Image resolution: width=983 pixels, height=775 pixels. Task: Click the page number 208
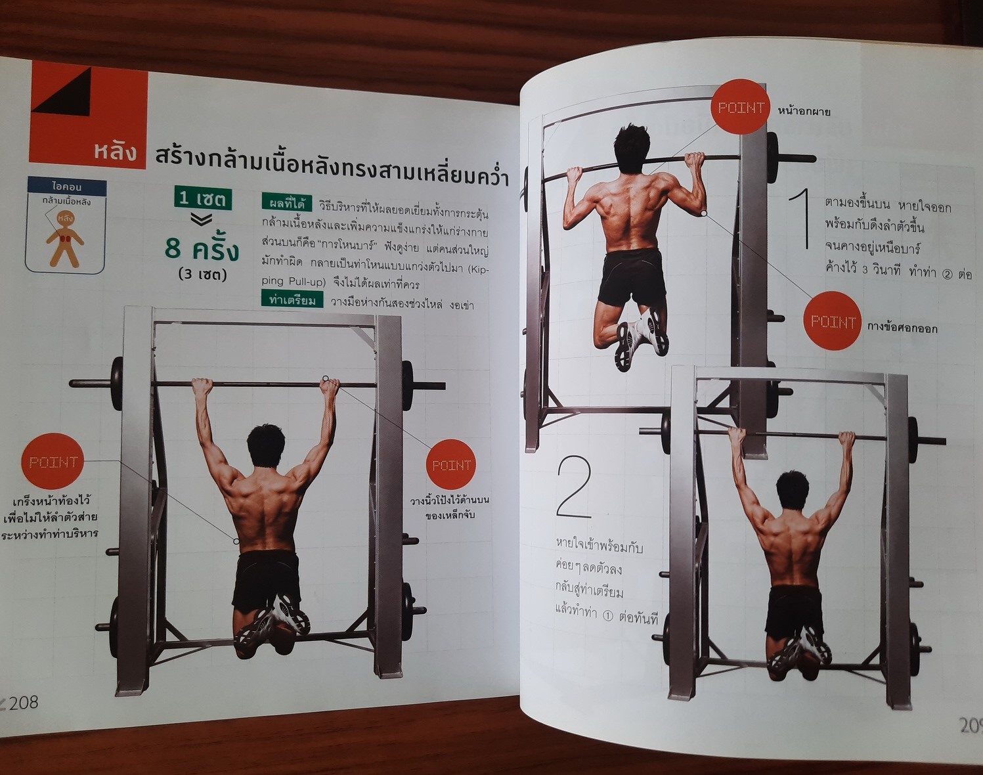point(23,701)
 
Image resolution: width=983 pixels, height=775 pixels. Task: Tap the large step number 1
point(800,219)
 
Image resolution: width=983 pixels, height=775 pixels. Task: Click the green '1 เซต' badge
point(203,198)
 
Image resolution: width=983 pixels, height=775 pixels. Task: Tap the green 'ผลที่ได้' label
point(286,203)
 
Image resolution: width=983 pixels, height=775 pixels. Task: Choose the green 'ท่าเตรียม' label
point(292,299)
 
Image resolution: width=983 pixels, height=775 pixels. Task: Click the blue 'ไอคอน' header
point(67,187)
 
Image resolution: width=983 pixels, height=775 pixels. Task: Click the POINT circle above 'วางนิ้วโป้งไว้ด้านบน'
point(451,465)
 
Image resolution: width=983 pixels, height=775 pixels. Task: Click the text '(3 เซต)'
point(203,275)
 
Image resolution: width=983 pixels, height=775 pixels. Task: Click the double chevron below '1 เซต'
point(202,220)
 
